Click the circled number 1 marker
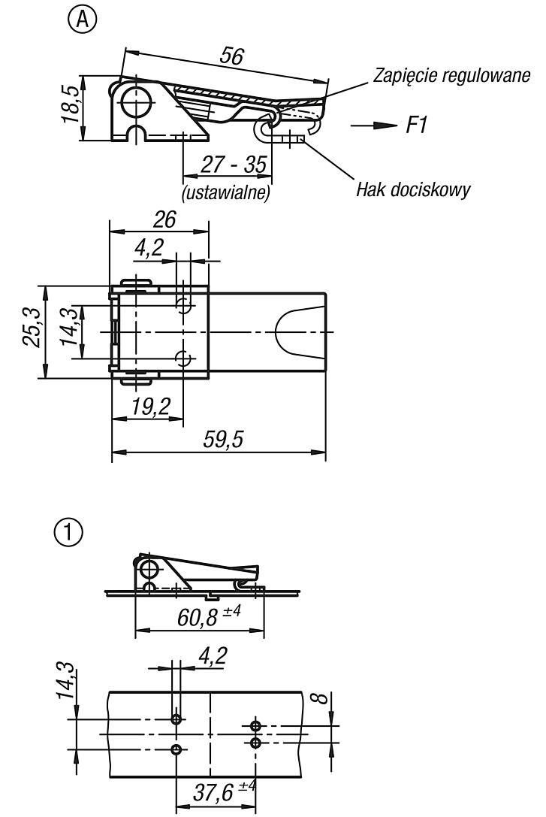(x=68, y=532)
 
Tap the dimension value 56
(x=231, y=55)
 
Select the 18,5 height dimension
(x=71, y=104)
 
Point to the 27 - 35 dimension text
(x=233, y=165)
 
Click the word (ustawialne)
(x=226, y=192)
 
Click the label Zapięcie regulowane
(x=451, y=76)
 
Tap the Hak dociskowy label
(x=413, y=189)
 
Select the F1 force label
(x=416, y=126)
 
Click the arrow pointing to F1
(x=374, y=126)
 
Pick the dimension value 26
(x=164, y=219)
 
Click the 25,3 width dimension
(x=31, y=327)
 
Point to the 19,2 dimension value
(x=150, y=406)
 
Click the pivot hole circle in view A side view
(x=135, y=101)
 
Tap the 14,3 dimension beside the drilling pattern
(x=67, y=681)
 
